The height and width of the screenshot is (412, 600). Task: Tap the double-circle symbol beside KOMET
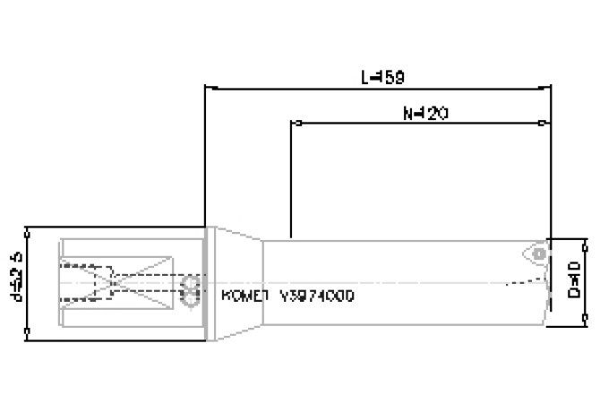[x=190, y=292]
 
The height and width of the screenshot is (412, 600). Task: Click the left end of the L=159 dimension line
[x=207, y=88]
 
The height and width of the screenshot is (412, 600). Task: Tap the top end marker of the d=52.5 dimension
[x=30, y=228]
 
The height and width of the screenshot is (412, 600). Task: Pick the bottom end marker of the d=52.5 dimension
[x=30, y=338]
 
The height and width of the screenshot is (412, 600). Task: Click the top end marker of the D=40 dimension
[x=587, y=240]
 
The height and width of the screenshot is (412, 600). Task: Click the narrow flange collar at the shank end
[x=207, y=283]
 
